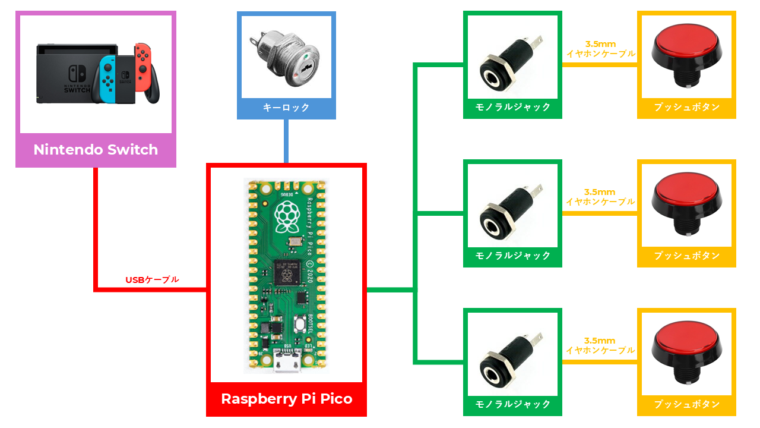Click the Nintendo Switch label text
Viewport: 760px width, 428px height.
click(96, 150)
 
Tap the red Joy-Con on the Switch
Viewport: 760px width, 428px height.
click(141, 67)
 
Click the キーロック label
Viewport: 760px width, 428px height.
click(286, 108)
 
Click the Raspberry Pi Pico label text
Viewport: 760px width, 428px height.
click(286, 399)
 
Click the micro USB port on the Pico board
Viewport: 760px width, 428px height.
click(286, 363)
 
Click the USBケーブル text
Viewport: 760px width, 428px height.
click(152, 279)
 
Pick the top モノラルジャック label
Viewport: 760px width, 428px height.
click(513, 108)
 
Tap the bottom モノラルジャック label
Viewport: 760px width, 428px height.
click(513, 404)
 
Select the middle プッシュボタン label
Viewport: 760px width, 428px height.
click(686, 256)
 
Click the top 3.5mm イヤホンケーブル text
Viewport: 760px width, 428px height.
click(600, 49)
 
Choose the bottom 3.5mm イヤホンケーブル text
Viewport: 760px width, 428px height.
click(600, 346)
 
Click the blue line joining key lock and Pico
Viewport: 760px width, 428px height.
click(286, 141)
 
